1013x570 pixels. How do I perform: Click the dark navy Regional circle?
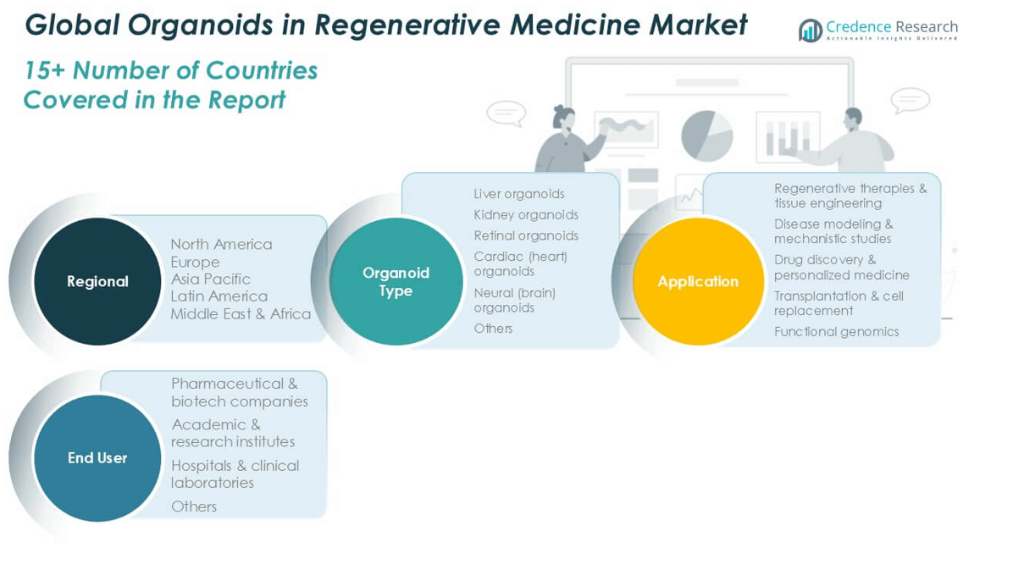click(x=97, y=281)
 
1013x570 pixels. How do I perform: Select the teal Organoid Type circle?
click(x=396, y=281)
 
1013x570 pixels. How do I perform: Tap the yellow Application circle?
click(x=698, y=281)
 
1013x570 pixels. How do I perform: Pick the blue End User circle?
click(x=97, y=457)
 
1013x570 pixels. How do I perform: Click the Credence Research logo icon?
click(x=810, y=30)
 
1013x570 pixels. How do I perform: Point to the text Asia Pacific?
click(x=211, y=279)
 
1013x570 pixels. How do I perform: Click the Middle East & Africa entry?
click(x=241, y=314)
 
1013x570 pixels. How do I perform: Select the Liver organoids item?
click(x=518, y=194)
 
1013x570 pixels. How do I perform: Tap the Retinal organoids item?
click(x=526, y=236)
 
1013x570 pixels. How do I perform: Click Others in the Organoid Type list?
click(x=493, y=329)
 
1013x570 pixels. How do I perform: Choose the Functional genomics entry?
click(x=836, y=331)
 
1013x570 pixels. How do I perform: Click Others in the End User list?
click(x=194, y=506)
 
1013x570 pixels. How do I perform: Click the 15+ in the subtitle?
click(x=45, y=70)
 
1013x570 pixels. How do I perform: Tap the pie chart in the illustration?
click(x=706, y=136)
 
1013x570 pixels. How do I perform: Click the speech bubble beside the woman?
click(x=506, y=113)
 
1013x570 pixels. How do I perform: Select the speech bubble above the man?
click(x=911, y=101)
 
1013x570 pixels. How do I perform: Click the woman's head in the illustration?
click(x=564, y=117)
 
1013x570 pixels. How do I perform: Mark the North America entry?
click(x=222, y=244)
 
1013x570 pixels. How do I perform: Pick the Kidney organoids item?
click(x=526, y=214)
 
